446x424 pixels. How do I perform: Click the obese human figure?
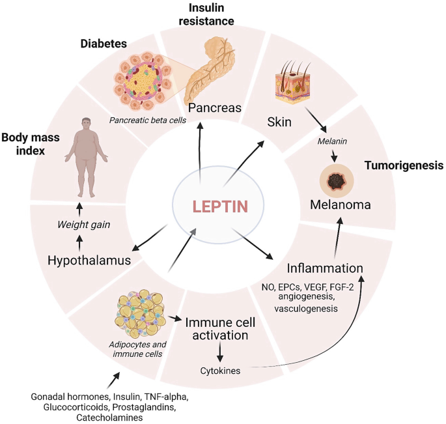pos(82,156)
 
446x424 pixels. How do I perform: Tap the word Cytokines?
pos(221,371)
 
